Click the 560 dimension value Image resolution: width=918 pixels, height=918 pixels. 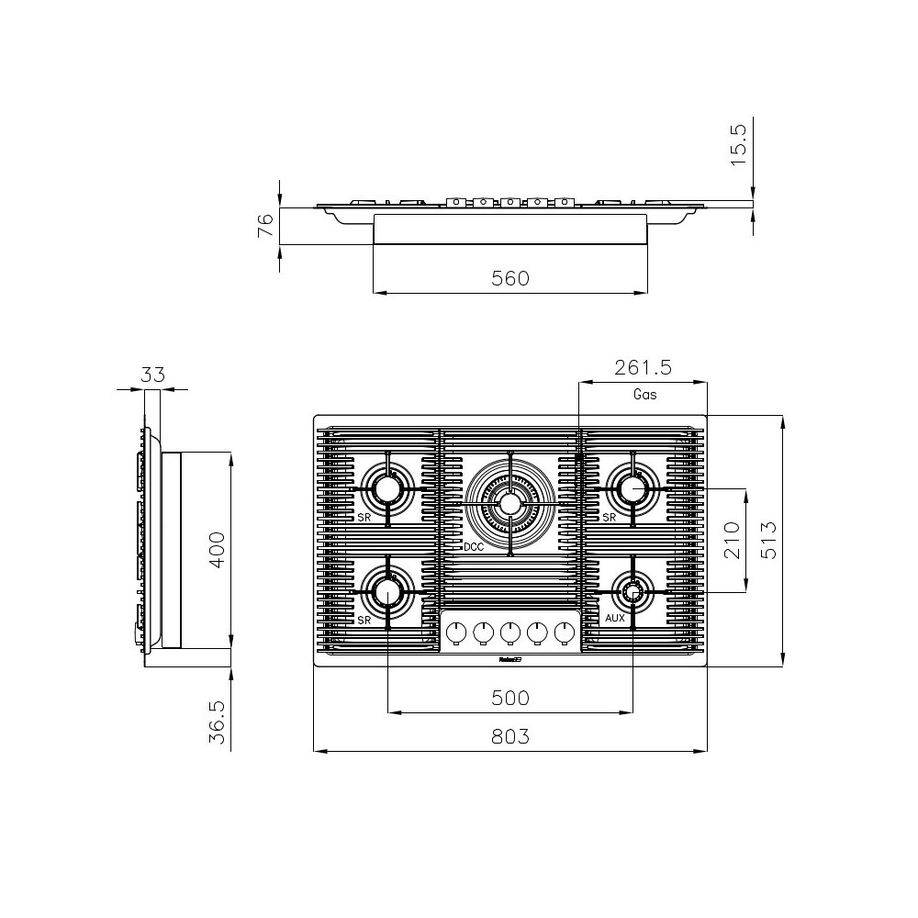click(x=510, y=278)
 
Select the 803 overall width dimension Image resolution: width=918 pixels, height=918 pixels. click(x=510, y=736)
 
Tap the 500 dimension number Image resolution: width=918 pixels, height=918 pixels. click(x=510, y=698)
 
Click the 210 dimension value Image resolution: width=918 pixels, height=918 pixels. click(x=732, y=541)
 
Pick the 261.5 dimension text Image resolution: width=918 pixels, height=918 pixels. click(x=644, y=368)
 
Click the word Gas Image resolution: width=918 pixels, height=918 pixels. click(x=645, y=395)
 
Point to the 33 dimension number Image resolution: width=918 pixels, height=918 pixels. click(x=152, y=375)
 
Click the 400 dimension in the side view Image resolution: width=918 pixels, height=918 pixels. click(x=216, y=549)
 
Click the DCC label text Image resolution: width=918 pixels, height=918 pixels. click(x=474, y=547)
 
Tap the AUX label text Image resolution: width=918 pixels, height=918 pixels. click(x=615, y=619)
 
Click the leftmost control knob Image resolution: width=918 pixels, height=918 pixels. click(x=455, y=632)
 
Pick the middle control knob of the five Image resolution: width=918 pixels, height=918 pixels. click(x=510, y=632)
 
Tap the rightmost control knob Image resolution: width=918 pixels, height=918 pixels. click(x=565, y=632)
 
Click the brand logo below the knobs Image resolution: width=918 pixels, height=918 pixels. click(x=510, y=658)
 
